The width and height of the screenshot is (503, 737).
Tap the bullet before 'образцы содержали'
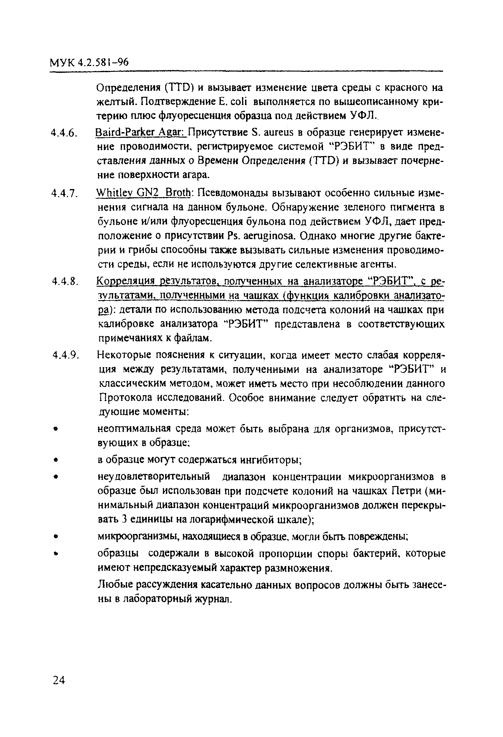coord(56,554)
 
